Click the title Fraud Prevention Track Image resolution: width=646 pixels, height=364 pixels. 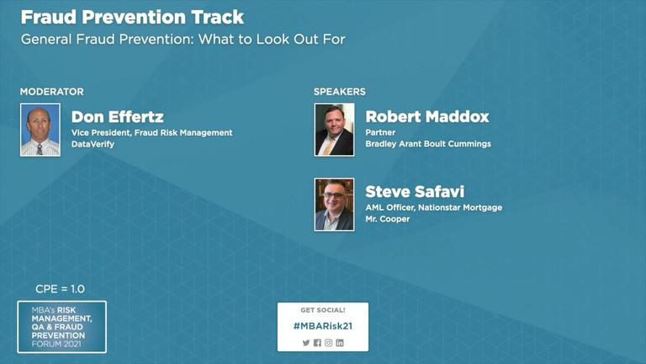point(132,18)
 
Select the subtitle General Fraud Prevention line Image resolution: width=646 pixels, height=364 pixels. point(183,40)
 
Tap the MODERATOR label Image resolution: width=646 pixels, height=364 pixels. point(52,92)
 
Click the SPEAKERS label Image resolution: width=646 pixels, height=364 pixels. point(340,92)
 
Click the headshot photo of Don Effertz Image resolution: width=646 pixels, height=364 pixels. point(40,130)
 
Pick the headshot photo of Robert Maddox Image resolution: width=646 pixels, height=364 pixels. point(334,130)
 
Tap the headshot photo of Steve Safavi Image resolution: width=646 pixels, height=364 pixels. point(334,205)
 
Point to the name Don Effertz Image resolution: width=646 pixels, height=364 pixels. point(118,117)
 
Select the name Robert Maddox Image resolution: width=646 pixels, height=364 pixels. point(427,117)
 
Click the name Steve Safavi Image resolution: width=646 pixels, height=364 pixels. point(415,191)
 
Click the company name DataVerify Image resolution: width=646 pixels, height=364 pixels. point(93,144)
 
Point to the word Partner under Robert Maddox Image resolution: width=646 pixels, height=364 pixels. point(380,132)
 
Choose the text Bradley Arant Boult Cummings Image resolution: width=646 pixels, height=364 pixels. point(428,144)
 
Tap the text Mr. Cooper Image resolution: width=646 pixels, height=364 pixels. point(388,219)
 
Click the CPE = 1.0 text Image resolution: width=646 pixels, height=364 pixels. point(61,289)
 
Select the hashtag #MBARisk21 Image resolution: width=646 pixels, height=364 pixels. point(323,326)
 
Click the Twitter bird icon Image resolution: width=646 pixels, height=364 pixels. point(306,343)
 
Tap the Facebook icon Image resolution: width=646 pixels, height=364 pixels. point(317,343)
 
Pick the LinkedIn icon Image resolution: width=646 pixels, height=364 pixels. point(340,343)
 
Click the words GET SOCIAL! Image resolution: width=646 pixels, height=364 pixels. point(323,310)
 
